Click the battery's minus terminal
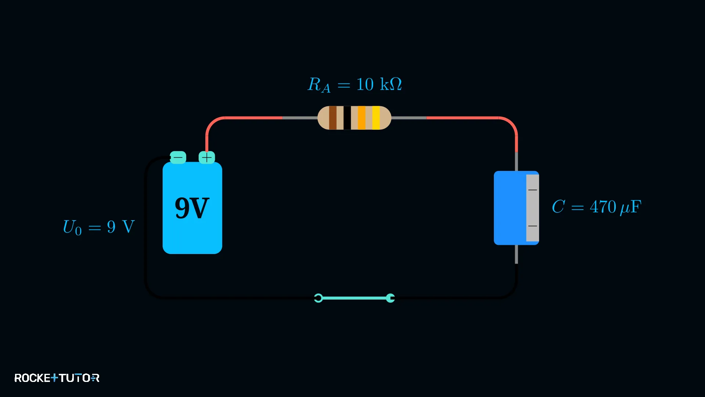point(178,157)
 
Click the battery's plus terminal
point(207,157)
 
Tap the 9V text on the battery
point(192,208)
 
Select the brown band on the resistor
point(333,118)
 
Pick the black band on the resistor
point(347,118)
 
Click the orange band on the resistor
point(362,118)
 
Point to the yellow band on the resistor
point(376,118)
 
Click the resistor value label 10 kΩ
point(379,84)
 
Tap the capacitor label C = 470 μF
point(597,207)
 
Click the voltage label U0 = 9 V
point(99,227)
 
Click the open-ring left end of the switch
point(318,298)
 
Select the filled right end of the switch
point(390,298)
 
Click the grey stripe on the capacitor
point(532,208)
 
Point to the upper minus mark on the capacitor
point(532,190)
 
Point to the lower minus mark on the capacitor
point(532,226)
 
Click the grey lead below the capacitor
point(516,254)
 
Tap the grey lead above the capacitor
point(516,161)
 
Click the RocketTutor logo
point(57,378)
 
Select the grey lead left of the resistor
point(300,118)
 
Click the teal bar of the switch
point(354,298)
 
